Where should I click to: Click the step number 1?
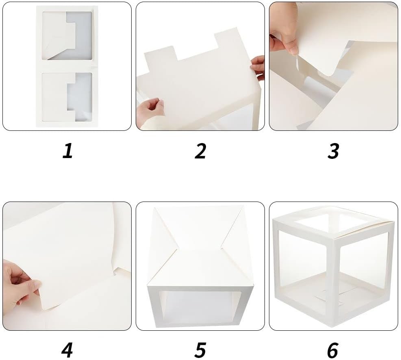67,151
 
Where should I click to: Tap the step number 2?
200,151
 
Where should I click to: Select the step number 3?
334,151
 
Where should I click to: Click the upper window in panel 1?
67,35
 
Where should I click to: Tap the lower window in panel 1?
67,97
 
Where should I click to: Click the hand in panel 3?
284,31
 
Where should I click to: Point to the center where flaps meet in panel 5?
199,248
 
